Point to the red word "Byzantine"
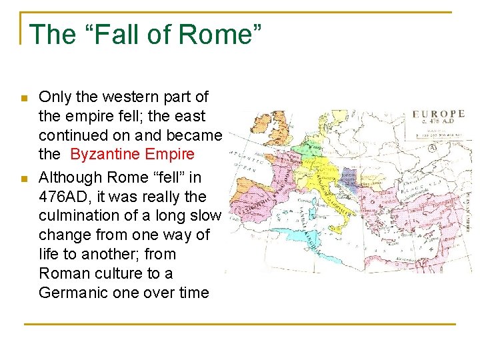(x=104, y=155)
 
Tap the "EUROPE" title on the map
(x=439, y=114)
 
